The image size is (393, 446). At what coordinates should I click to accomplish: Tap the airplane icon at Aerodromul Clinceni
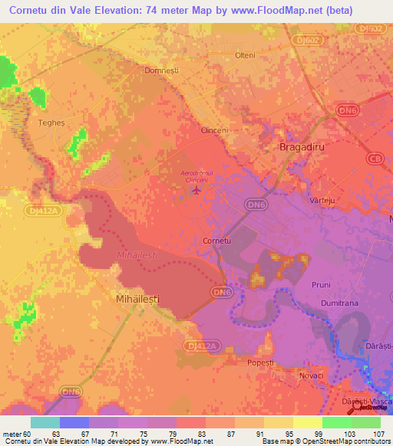(x=197, y=189)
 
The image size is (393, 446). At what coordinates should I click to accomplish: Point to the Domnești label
(x=162, y=71)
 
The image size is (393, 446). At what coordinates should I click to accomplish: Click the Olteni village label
(x=245, y=55)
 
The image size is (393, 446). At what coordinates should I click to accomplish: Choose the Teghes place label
(x=33, y=121)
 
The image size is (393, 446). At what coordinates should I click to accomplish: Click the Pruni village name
(x=321, y=284)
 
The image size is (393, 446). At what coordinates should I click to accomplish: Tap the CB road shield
(x=375, y=159)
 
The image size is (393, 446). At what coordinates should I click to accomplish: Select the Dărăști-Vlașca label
(x=365, y=402)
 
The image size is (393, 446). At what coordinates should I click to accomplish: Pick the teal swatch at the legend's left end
(x=45, y=422)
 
